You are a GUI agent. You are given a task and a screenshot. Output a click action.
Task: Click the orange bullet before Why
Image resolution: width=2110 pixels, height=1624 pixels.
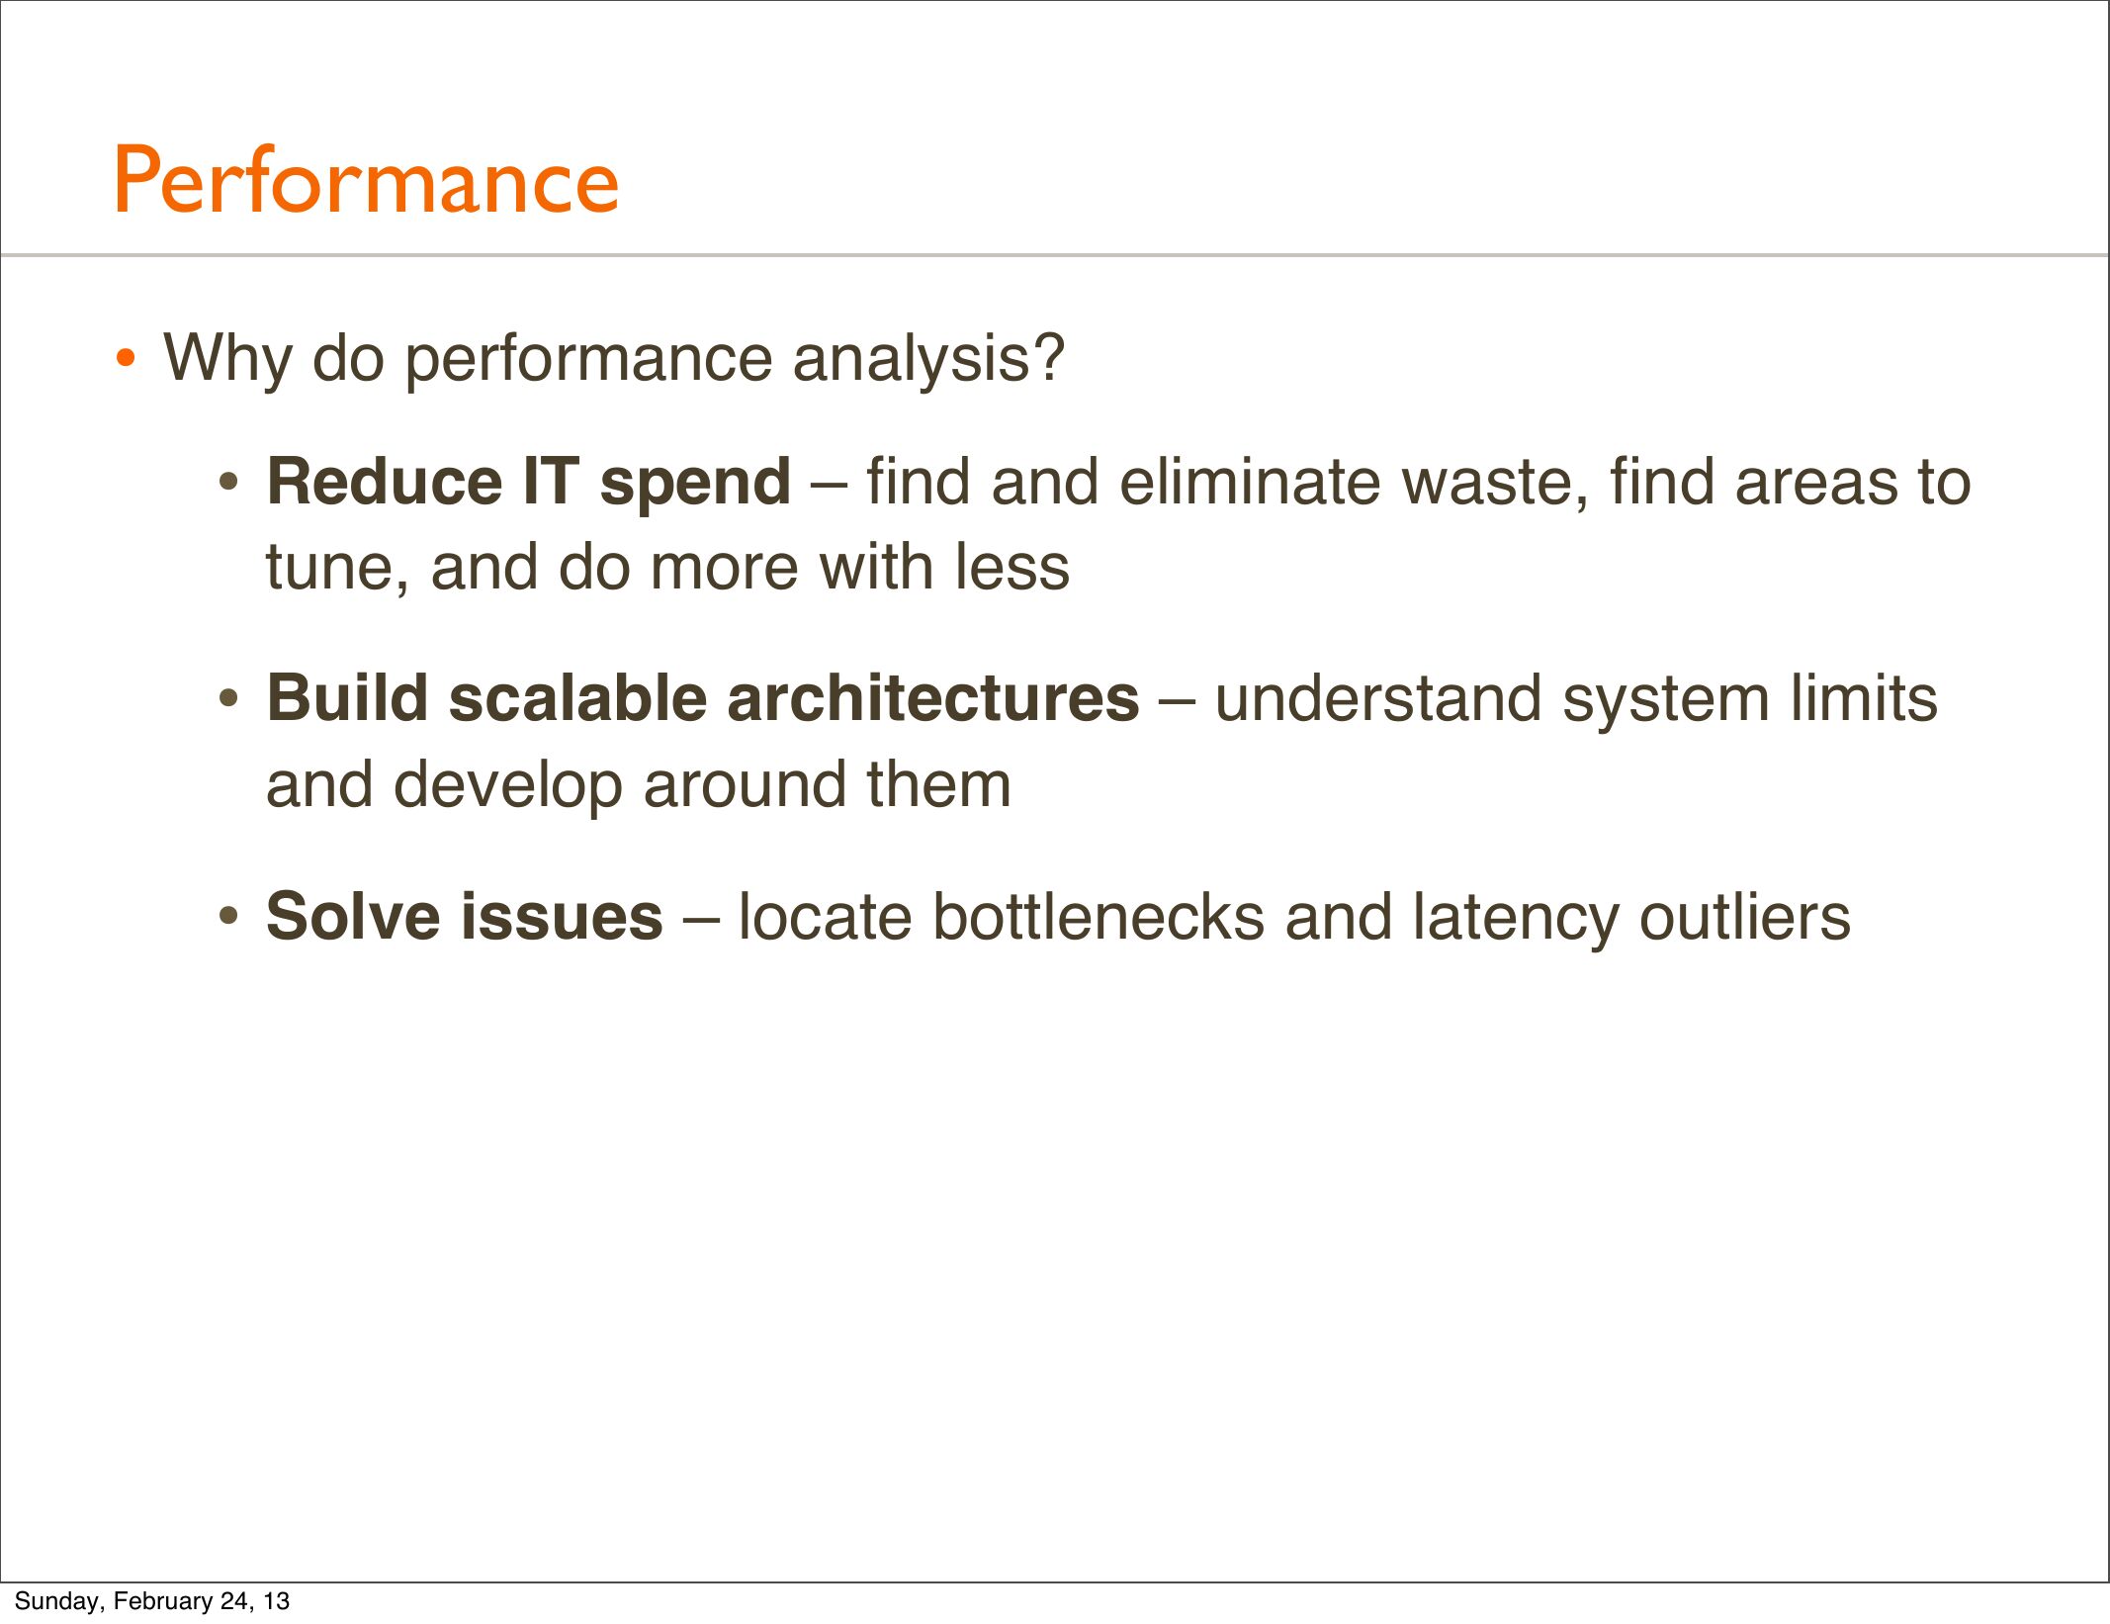125,358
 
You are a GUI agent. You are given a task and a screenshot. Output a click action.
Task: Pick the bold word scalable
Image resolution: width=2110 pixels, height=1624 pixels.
578,697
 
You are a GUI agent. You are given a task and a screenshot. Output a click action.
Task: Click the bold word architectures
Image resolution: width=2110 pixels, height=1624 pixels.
933,699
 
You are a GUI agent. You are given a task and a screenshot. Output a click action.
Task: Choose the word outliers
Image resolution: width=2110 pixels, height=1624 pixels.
1744,916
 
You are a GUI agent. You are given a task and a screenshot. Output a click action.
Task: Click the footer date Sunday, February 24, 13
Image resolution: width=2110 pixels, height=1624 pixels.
152,1600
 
